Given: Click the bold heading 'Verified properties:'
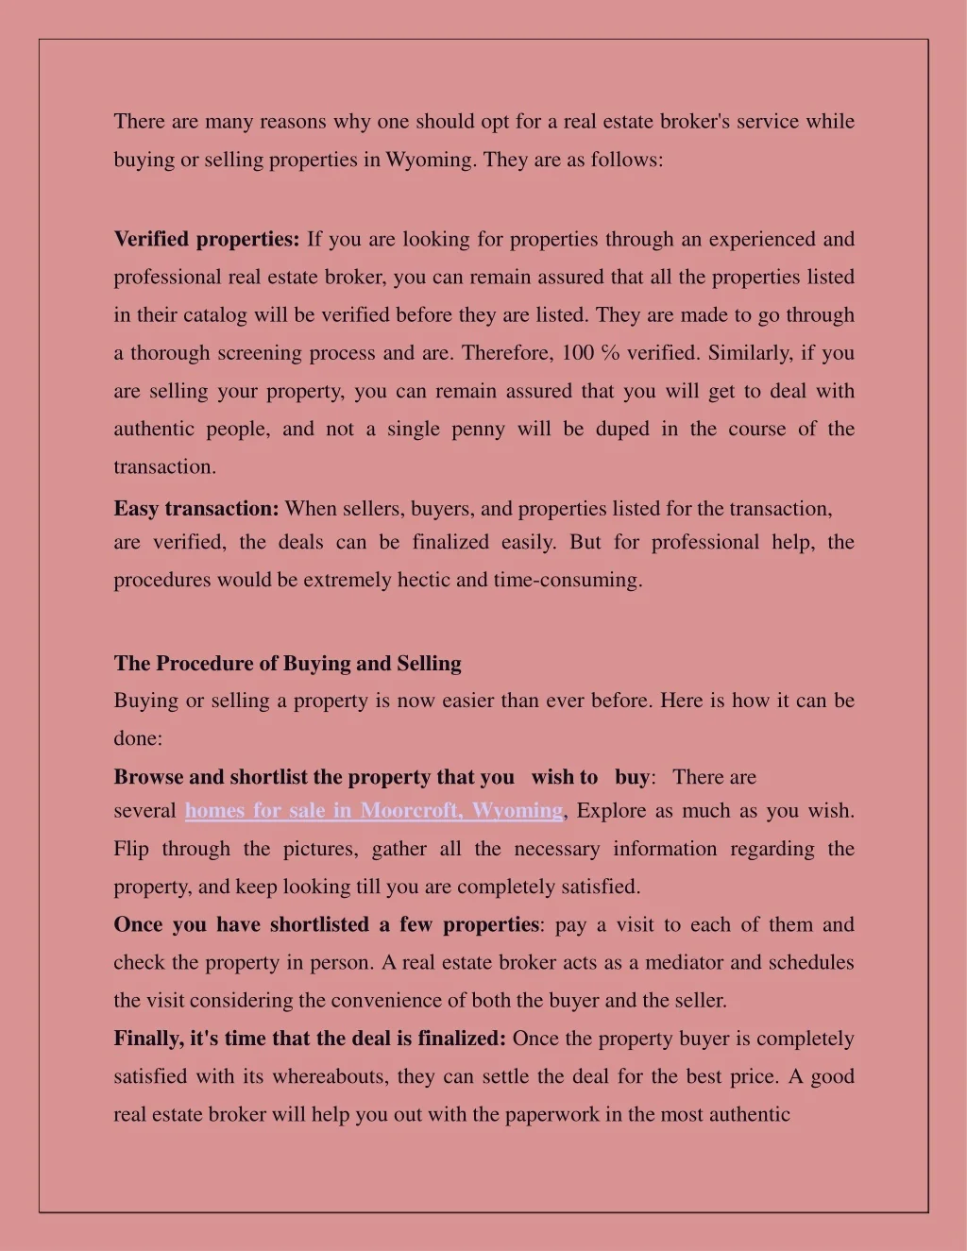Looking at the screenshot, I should point(206,239).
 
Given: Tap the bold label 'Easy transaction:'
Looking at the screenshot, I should point(196,509).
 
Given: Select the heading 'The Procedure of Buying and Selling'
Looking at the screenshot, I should point(287,664).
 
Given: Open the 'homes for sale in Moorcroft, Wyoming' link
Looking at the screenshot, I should point(374,811).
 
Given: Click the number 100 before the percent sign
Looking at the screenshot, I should point(578,353).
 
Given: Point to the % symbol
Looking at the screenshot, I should point(609,353).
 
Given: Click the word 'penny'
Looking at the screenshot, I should point(478,429).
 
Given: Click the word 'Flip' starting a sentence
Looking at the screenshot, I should point(131,849).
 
